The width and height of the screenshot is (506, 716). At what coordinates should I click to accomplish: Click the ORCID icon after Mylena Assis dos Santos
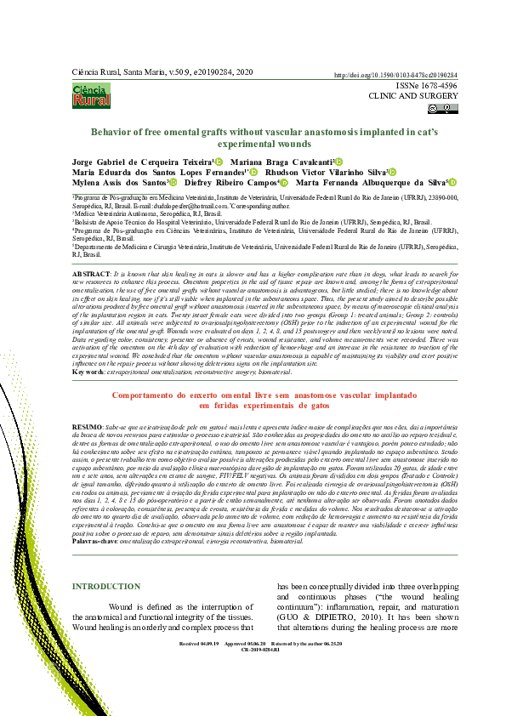coord(173,182)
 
